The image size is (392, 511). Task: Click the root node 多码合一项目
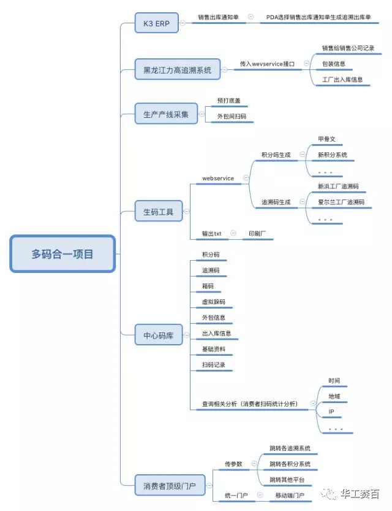click(62, 254)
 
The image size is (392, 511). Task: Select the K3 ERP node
click(157, 25)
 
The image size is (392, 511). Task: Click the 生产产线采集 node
click(166, 114)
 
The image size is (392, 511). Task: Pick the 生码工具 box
click(158, 212)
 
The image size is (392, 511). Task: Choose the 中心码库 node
click(158, 336)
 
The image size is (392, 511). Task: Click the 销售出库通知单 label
click(219, 17)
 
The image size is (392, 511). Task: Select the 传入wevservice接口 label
click(267, 63)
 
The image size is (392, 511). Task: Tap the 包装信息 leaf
click(334, 63)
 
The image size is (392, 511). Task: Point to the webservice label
click(218, 178)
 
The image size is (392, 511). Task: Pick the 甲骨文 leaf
click(327, 139)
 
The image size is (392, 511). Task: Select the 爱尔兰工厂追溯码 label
click(341, 202)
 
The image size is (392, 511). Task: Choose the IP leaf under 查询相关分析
click(331, 412)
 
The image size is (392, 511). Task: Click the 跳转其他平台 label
click(287, 479)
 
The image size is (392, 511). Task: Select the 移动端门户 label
click(288, 494)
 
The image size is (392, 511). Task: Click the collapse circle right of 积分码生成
click(303, 155)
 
